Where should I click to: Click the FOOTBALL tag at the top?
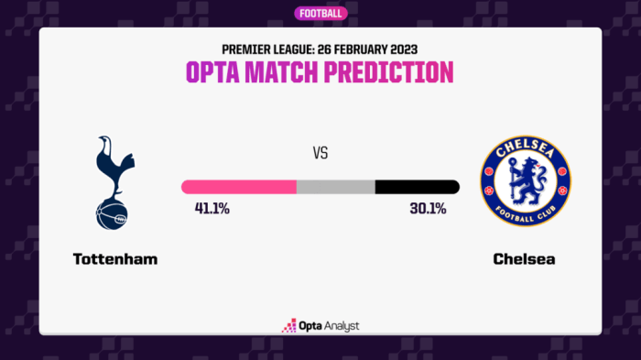[x=320, y=13]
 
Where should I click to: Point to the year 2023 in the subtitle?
[x=400, y=47]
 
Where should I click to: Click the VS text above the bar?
[x=320, y=154]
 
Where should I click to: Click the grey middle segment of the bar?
[x=335, y=187]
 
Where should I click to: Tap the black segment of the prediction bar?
[x=417, y=187]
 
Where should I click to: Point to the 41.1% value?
[x=212, y=209]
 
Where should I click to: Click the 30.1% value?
[x=428, y=209]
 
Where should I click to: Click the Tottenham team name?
[x=115, y=259]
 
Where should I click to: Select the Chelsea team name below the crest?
[x=524, y=259]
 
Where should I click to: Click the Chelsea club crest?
[x=526, y=182]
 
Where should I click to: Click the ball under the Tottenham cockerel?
[x=112, y=213]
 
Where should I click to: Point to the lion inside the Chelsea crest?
[x=526, y=181]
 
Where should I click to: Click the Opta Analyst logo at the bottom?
[x=320, y=325]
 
